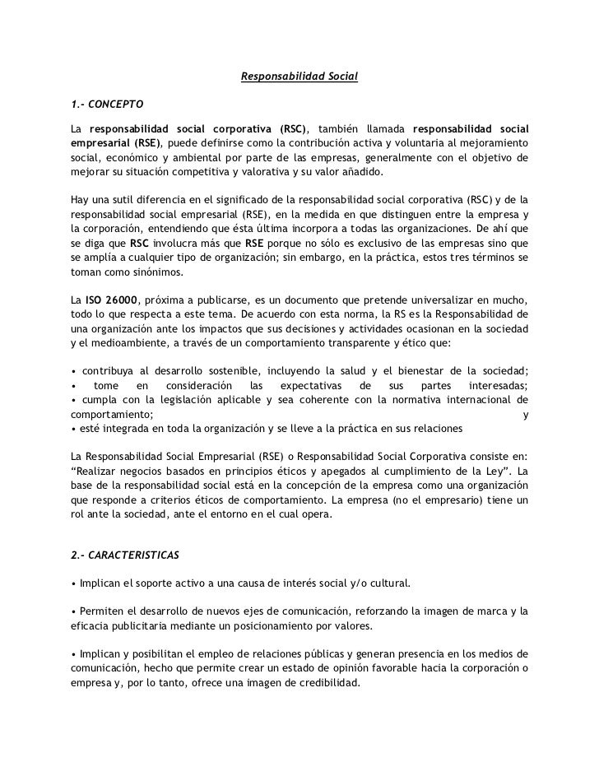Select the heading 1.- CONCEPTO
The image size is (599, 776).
coord(107,105)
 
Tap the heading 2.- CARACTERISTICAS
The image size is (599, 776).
coord(125,555)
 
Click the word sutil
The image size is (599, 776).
coord(121,200)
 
